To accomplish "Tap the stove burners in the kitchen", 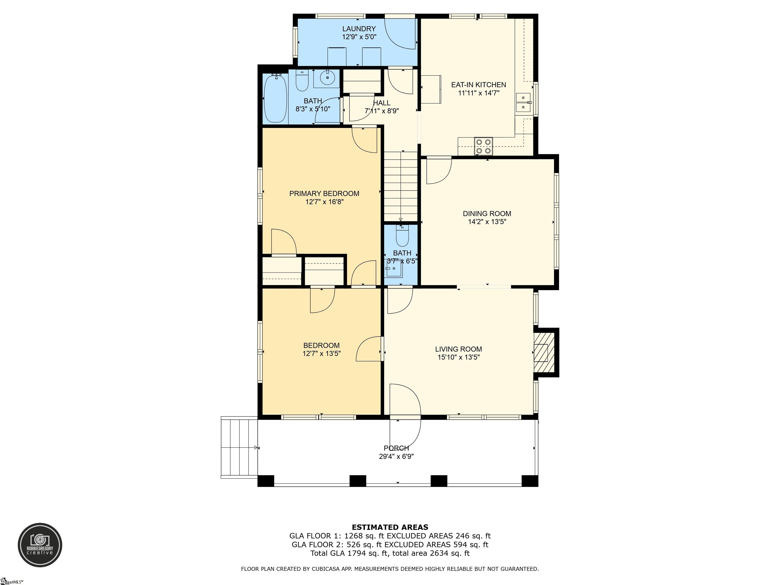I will click(x=483, y=146).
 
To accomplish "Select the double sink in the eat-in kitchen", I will click(x=523, y=102).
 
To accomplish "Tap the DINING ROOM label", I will click(x=487, y=213).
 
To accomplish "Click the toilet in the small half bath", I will click(x=402, y=236).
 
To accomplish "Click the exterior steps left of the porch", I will click(x=239, y=447).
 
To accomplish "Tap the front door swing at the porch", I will click(x=405, y=420).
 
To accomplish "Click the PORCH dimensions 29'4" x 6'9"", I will click(x=396, y=456).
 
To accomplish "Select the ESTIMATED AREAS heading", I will click(x=390, y=527).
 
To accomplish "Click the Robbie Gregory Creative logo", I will click(x=40, y=545).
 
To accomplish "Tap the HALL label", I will click(x=382, y=103).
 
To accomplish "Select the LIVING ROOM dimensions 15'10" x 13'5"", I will click(x=458, y=357).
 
